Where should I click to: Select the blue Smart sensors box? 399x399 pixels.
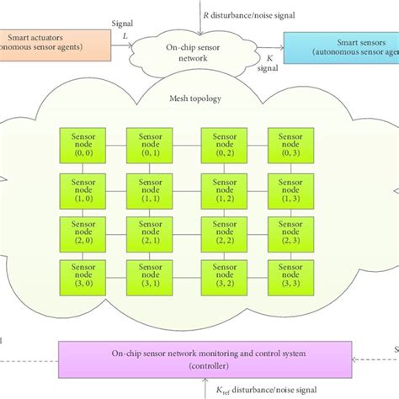pos(339,46)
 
